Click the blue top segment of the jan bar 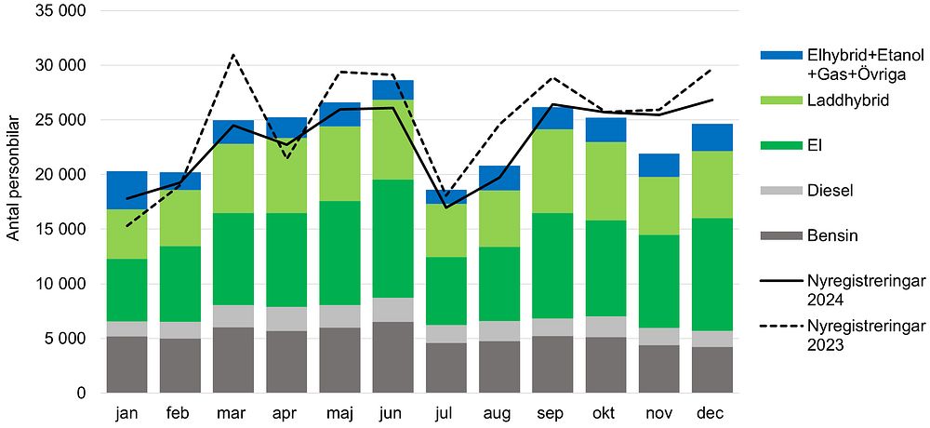(126, 190)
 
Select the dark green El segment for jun (392, 239)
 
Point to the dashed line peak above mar (233, 55)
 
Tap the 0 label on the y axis (82, 394)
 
